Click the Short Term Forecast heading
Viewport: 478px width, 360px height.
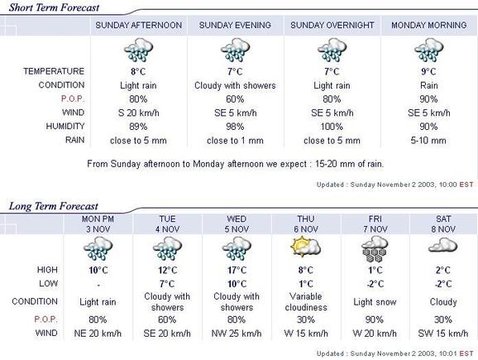[x=54, y=7]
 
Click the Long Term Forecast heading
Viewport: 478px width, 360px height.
[x=54, y=206]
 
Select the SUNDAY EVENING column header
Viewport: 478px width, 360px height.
[x=235, y=25]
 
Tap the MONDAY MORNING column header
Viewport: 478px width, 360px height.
[x=429, y=25]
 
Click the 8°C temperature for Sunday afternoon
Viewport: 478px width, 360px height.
[x=138, y=72]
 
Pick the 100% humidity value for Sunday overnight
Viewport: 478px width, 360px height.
[x=332, y=127]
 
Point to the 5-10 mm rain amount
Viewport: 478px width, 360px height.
[x=428, y=141]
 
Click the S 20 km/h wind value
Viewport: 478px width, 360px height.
[x=138, y=113]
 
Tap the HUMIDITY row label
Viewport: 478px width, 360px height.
[x=65, y=127]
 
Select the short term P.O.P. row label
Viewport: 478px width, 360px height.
[x=73, y=98]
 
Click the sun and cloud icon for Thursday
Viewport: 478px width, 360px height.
[x=305, y=247]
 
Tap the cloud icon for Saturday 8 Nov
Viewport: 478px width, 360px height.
[x=442, y=245]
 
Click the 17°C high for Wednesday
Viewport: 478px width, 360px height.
[x=237, y=271]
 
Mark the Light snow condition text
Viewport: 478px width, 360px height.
[x=375, y=302]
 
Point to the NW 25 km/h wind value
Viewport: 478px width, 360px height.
[x=237, y=334]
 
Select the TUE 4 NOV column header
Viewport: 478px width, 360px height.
[x=167, y=224]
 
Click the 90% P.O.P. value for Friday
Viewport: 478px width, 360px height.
[x=375, y=319]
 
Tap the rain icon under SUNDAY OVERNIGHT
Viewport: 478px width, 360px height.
[x=332, y=50]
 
